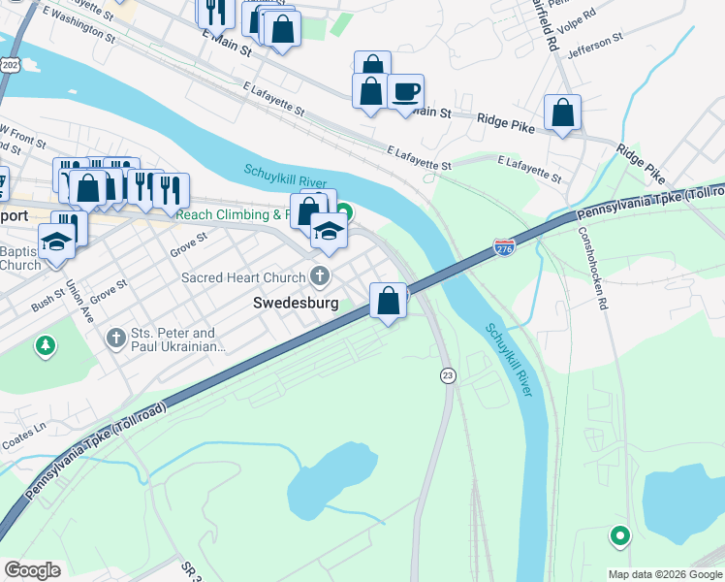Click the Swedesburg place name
click(x=296, y=303)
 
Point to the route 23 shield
click(x=447, y=375)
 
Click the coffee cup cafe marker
click(x=405, y=92)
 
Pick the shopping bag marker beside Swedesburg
click(x=388, y=301)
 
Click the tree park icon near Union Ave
click(x=45, y=345)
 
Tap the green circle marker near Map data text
click(x=619, y=534)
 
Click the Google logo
click(x=32, y=569)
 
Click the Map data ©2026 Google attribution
click(x=665, y=574)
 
